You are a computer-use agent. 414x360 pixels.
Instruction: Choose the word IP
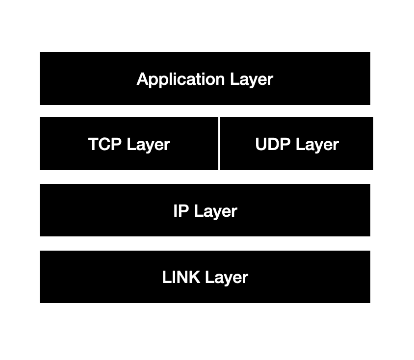(181, 211)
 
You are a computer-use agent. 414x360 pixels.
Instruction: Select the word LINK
(181, 277)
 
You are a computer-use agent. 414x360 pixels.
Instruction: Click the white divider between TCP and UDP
(219, 144)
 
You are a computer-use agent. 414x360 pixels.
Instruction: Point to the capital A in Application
(142, 79)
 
